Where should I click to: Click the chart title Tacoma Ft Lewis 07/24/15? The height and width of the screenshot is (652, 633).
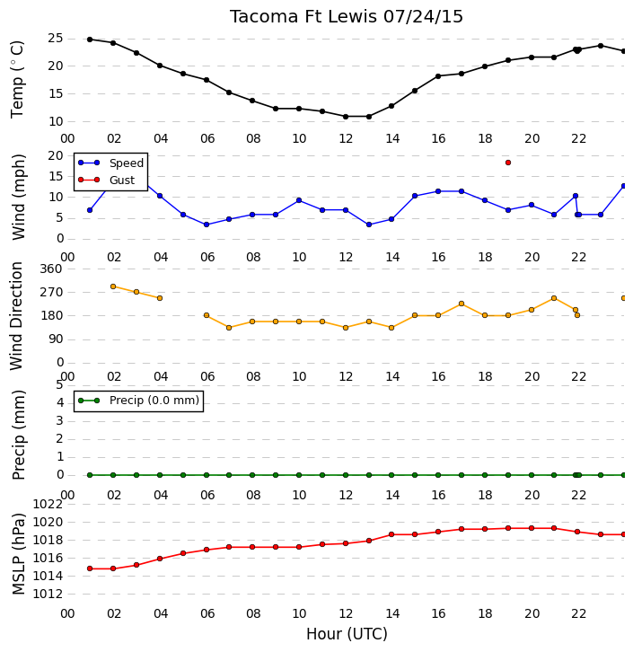(347, 17)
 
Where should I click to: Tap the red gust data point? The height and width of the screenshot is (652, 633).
(508, 163)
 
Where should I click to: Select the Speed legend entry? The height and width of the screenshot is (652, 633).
(111, 163)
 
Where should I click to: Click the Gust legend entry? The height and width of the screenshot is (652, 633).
(107, 180)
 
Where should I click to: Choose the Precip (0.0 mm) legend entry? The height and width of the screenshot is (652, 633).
(139, 401)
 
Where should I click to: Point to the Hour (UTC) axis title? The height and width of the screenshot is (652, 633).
(347, 634)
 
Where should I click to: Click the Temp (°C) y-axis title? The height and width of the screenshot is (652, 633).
(17, 79)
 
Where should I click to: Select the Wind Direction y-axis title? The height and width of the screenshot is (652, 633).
(16, 316)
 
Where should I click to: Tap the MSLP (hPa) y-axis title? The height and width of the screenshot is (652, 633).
(19, 554)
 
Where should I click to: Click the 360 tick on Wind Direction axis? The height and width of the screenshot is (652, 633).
(51, 269)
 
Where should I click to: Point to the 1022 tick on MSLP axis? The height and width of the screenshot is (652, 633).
(48, 505)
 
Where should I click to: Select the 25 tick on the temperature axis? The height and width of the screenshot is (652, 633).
(56, 39)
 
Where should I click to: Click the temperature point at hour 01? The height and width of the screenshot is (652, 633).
(90, 40)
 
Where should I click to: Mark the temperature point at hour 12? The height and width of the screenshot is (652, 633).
(346, 117)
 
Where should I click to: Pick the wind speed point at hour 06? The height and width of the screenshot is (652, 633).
(207, 225)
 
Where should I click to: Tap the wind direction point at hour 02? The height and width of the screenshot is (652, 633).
(113, 286)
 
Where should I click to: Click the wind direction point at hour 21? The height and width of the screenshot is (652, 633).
(554, 298)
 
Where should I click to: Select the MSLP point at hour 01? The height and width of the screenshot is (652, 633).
(90, 568)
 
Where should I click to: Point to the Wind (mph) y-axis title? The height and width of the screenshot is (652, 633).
(19, 197)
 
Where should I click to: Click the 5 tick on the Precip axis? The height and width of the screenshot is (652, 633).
(59, 384)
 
